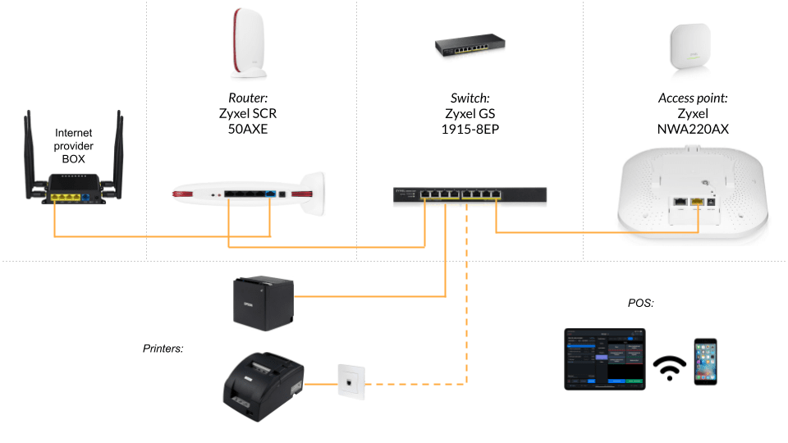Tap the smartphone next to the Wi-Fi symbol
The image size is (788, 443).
(x=706, y=362)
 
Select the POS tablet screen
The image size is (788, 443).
(x=605, y=359)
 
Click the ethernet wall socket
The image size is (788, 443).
(x=350, y=381)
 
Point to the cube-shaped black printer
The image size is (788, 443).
(x=263, y=303)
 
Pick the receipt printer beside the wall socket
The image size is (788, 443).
(x=263, y=386)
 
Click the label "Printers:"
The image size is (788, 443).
(x=163, y=349)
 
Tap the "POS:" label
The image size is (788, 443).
(x=641, y=303)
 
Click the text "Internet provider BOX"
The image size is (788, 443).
(x=73, y=146)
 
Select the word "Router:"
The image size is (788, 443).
(x=248, y=98)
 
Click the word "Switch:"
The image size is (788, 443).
(x=470, y=98)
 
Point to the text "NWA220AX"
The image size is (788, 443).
(x=693, y=129)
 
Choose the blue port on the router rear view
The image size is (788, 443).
(x=270, y=194)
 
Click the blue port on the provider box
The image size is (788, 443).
(x=85, y=198)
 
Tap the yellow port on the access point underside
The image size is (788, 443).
(x=698, y=202)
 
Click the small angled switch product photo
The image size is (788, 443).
(x=470, y=45)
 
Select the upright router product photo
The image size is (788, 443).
(x=249, y=43)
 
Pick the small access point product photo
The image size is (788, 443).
(x=690, y=48)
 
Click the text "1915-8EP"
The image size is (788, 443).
(x=470, y=129)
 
